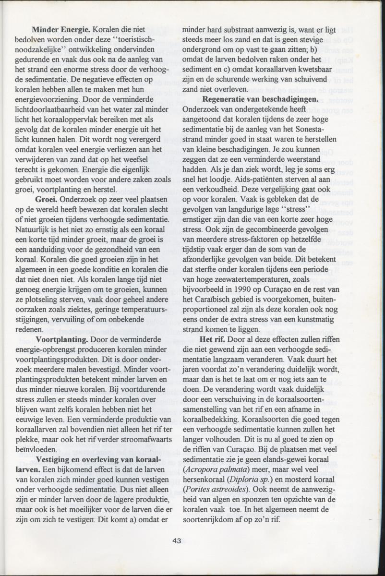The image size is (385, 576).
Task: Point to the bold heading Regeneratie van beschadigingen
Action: click(x=261, y=99)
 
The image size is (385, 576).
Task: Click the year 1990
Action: click(x=244, y=289)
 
